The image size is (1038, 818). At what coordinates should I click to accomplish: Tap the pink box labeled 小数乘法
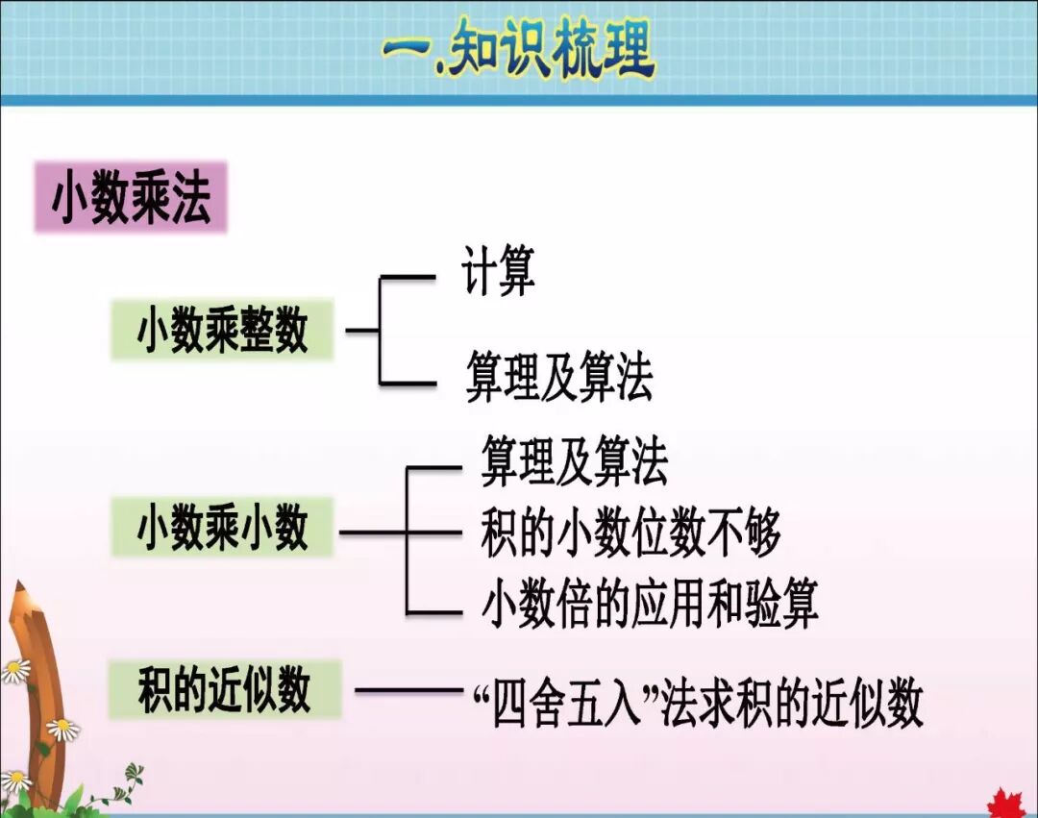(x=131, y=198)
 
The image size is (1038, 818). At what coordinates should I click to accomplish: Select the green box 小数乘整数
(x=222, y=331)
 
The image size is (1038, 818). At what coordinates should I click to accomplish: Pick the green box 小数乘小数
(x=222, y=528)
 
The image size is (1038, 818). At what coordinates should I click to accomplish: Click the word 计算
(x=498, y=272)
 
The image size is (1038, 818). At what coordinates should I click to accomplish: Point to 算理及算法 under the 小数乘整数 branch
(x=558, y=378)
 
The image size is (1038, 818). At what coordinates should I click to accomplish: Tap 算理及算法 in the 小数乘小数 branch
(x=574, y=463)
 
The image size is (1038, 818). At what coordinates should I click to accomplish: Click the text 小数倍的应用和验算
(x=649, y=606)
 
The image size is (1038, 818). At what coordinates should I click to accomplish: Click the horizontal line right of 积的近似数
(x=408, y=689)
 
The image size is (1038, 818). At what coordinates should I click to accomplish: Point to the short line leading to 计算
(x=408, y=278)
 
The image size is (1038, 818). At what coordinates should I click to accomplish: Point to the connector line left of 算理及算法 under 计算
(x=408, y=383)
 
